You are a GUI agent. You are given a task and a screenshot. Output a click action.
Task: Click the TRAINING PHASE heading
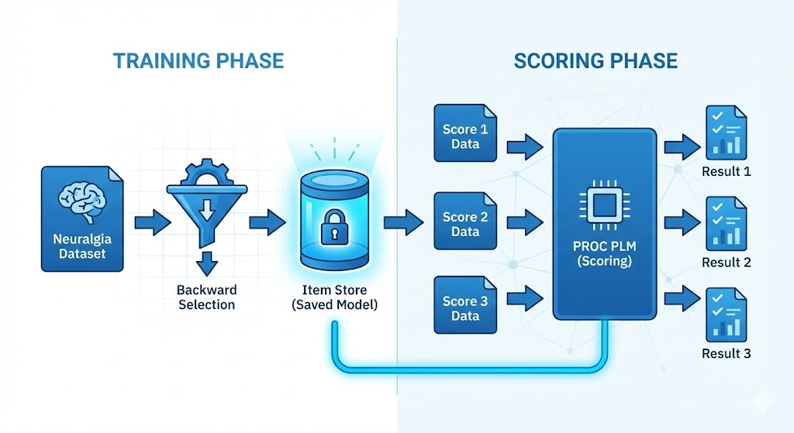(x=198, y=60)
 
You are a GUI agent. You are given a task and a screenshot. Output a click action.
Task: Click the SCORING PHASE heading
(x=595, y=60)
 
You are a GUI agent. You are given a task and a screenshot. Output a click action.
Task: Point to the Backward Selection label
(x=206, y=297)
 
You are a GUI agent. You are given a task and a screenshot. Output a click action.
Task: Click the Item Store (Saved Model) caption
(x=335, y=297)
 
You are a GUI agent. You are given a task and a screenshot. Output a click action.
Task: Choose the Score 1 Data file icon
(x=465, y=135)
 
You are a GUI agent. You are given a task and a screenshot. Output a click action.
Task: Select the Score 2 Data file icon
(x=465, y=223)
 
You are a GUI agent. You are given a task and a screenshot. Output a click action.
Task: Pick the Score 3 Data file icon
(x=465, y=308)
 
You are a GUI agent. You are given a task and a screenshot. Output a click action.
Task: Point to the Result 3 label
(x=726, y=353)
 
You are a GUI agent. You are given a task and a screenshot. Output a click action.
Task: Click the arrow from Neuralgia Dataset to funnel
(x=153, y=222)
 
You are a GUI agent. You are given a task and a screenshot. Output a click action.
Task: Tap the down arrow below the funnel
(x=206, y=264)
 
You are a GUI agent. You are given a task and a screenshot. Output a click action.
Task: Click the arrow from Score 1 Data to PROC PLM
(x=526, y=144)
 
